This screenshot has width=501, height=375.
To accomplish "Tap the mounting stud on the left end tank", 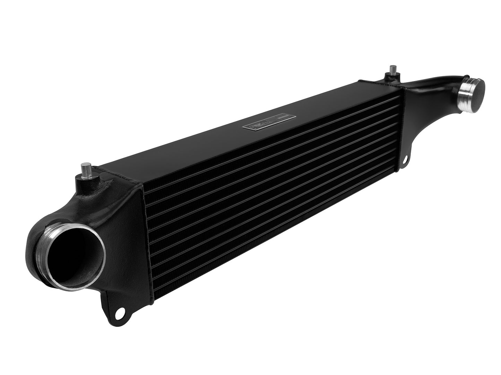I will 86,172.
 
